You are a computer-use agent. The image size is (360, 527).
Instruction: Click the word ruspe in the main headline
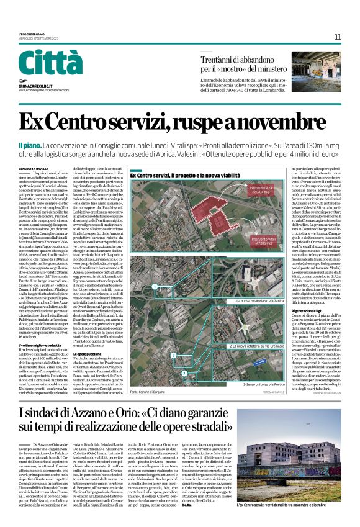tap(205, 122)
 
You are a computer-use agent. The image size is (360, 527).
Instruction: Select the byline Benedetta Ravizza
tap(32, 168)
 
